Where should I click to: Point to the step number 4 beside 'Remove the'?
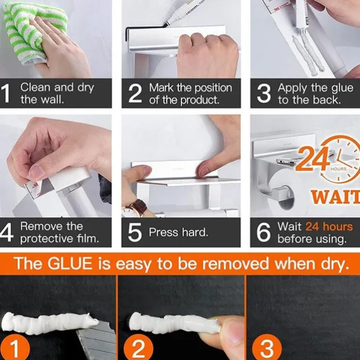[x=8, y=233]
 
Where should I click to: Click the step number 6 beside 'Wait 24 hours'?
[x=263, y=233]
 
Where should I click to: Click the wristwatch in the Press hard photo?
[x=136, y=208]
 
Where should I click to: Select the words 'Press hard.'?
[x=178, y=233]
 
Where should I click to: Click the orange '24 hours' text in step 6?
[x=328, y=227]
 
